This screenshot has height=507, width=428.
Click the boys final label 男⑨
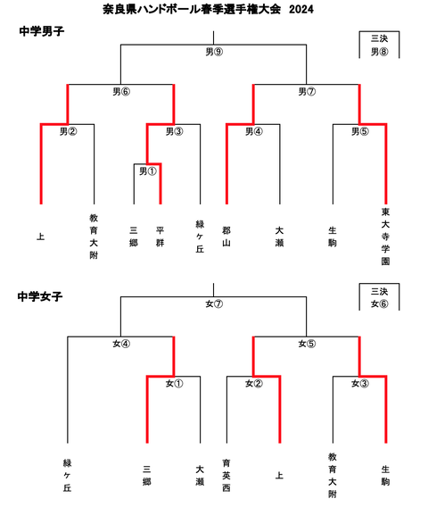tap(213, 51)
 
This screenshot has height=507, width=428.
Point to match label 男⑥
tap(121, 91)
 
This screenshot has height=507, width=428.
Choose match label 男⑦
tap(307, 91)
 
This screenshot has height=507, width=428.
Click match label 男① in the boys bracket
tap(148, 170)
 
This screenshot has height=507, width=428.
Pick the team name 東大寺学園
tap(385, 237)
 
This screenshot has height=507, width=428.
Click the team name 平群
tap(160, 235)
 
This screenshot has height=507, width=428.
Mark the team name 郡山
tap(227, 235)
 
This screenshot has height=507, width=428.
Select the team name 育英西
tap(227, 476)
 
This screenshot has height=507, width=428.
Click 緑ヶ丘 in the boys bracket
tap(200, 235)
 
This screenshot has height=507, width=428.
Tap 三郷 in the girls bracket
tap(147, 474)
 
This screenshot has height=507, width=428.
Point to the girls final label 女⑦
tap(213, 304)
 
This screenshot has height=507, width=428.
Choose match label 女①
tap(174, 385)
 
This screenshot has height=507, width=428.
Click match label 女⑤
tap(307, 344)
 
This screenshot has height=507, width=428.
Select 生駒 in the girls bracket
tap(385, 474)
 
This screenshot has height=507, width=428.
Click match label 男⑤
tap(359, 132)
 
